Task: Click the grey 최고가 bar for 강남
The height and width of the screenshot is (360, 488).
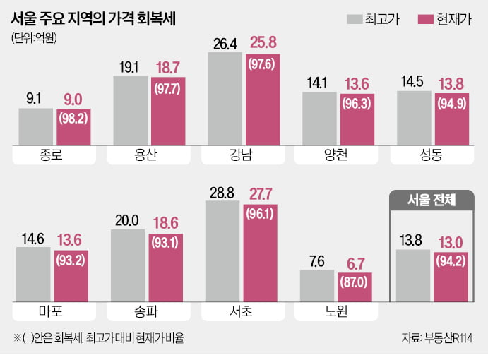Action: point(225,99)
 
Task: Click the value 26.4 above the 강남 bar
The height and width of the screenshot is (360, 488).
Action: point(225,44)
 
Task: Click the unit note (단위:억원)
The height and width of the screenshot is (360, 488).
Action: point(35,38)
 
